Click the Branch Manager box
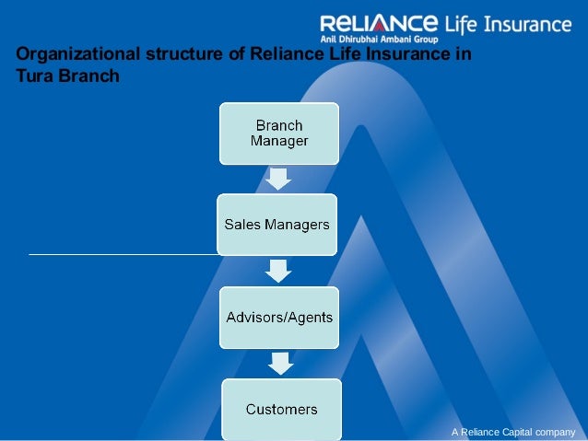coord(278,133)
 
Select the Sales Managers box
coord(278,224)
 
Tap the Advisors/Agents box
coord(279,317)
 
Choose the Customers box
coord(281,409)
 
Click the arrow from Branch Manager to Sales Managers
coord(278,178)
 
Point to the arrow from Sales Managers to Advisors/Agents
coord(278,270)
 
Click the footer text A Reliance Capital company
coord(512,431)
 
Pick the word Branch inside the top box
coord(278,125)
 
